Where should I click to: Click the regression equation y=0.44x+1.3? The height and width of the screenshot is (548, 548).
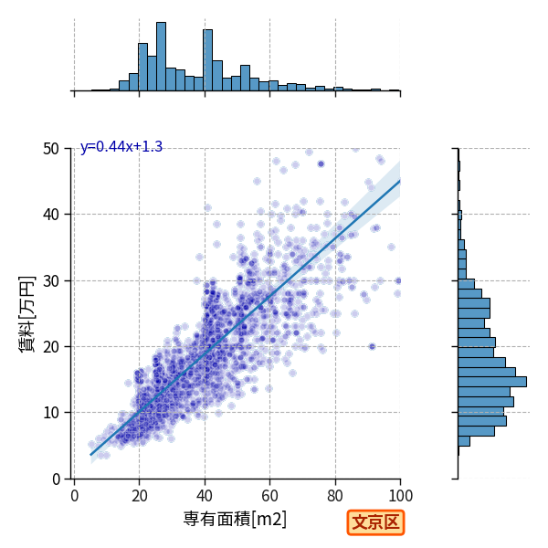click(121, 147)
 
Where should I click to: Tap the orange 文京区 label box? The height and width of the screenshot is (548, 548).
click(375, 522)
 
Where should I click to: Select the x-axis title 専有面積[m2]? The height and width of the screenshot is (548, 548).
click(235, 519)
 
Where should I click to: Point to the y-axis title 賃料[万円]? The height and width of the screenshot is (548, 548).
click(27, 314)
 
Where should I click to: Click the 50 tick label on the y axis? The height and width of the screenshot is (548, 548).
click(51, 149)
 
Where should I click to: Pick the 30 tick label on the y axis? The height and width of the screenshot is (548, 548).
click(51, 281)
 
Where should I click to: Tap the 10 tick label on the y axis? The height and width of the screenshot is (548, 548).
click(51, 413)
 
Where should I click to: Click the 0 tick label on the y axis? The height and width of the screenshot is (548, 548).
click(56, 479)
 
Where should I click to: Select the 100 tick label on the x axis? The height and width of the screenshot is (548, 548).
click(401, 496)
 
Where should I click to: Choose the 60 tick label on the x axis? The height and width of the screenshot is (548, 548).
click(269, 496)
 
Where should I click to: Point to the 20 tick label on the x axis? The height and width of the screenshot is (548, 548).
click(140, 496)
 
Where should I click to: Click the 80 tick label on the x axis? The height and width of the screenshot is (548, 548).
click(335, 496)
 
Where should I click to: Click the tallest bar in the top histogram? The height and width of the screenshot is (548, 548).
click(161, 57)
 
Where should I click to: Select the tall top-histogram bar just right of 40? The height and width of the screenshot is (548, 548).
click(208, 60)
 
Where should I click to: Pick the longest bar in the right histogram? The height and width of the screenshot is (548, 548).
click(492, 382)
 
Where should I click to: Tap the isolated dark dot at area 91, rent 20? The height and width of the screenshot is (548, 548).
click(372, 346)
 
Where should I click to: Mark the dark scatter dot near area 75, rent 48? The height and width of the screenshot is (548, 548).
click(321, 163)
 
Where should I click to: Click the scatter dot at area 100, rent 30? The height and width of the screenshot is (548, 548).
click(398, 280)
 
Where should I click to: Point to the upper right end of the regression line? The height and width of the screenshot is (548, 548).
click(400, 180)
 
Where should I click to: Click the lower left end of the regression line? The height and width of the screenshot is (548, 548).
click(90, 455)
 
